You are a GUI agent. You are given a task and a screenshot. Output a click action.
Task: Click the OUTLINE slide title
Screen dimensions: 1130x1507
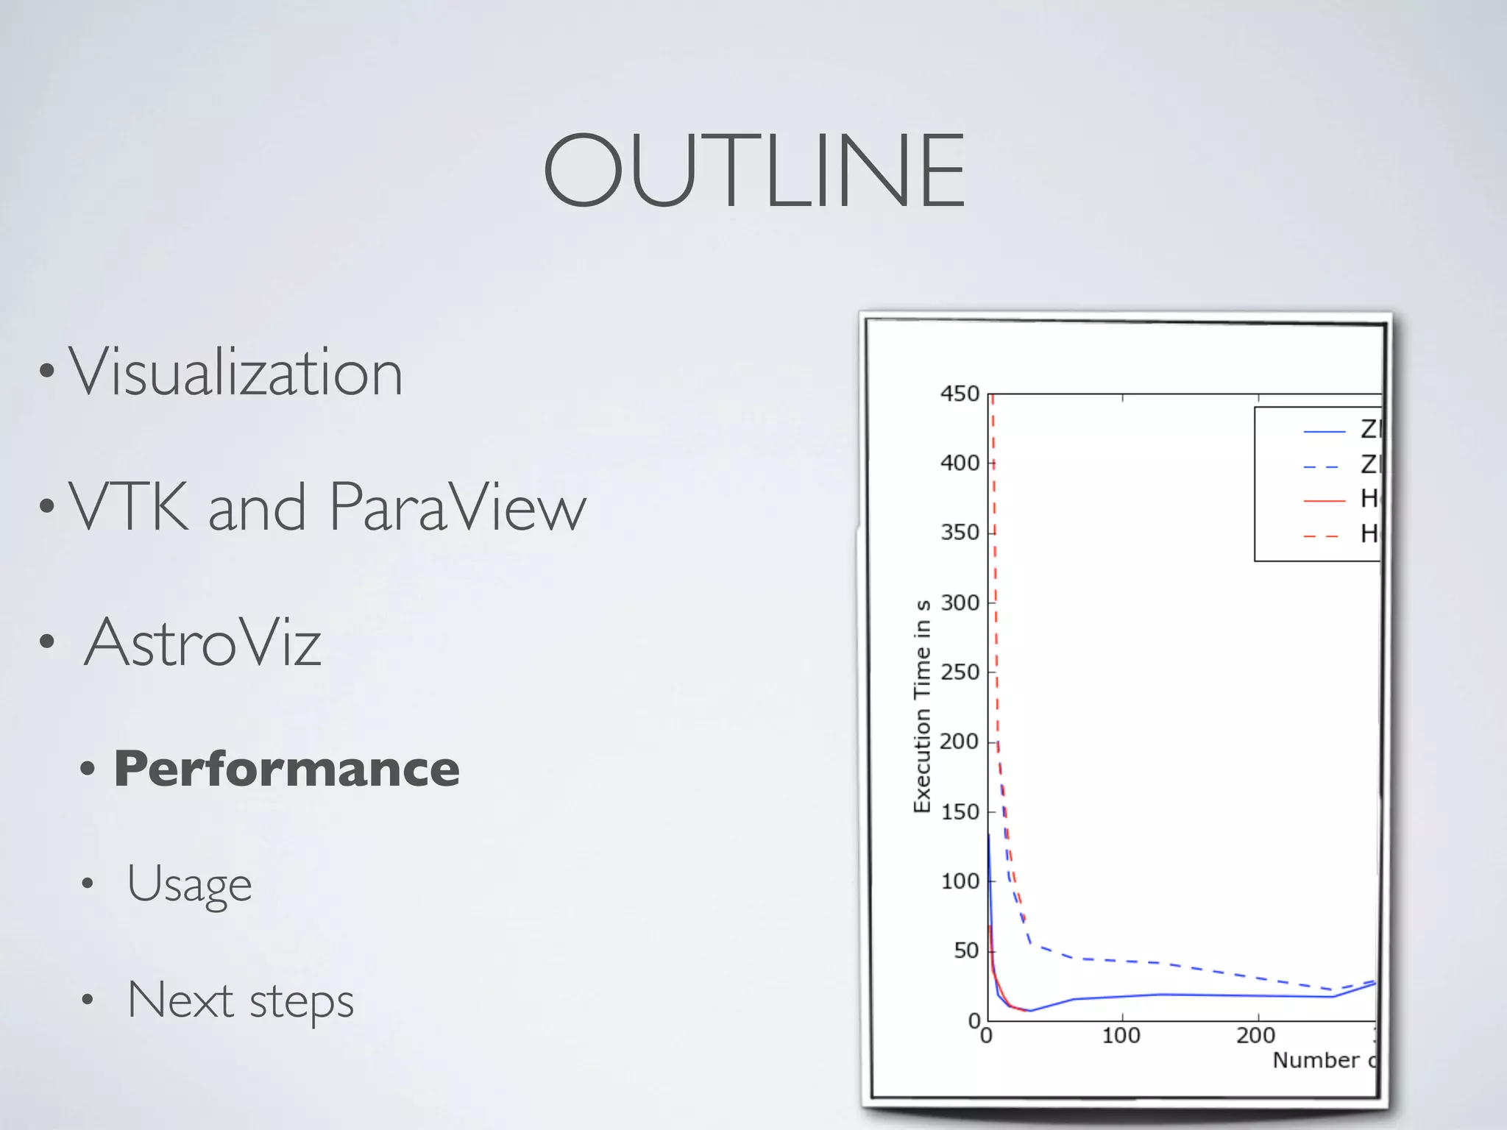tap(753, 171)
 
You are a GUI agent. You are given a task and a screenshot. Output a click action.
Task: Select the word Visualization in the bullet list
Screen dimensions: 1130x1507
tap(235, 372)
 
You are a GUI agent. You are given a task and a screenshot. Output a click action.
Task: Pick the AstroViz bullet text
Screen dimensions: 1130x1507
tap(202, 642)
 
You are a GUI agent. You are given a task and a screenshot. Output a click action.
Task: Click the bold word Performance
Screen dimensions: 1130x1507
tap(287, 769)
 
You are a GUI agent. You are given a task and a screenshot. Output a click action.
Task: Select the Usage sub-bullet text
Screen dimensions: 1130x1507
tap(189, 883)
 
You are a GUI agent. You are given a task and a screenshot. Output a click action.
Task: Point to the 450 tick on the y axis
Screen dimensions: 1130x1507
tap(960, 394)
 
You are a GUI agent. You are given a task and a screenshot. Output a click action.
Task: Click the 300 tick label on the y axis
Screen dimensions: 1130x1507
tap(960, 603)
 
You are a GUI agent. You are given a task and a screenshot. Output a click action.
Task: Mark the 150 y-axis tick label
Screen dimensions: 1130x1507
tap(960, 811)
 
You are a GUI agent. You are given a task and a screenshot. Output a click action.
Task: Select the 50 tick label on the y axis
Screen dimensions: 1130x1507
tap(966, 950)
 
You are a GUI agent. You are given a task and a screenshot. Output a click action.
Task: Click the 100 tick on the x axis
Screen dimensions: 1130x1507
tap(1121, 1036)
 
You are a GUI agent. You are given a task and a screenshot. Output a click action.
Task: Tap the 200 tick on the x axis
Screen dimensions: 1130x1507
tap(1255, 1036)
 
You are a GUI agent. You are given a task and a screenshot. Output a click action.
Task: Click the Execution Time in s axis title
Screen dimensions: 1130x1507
tap(922, 706)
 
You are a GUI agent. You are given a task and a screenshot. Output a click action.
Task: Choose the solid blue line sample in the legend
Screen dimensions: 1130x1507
tap(1324, 431)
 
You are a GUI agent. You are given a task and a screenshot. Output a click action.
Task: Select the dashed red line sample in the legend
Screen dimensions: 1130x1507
tap(1324, 536)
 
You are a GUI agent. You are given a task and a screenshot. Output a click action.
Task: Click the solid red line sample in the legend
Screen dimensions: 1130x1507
tap(1324, 501)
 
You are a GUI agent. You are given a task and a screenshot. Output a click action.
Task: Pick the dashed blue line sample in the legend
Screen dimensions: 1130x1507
tap(1324, 466)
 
